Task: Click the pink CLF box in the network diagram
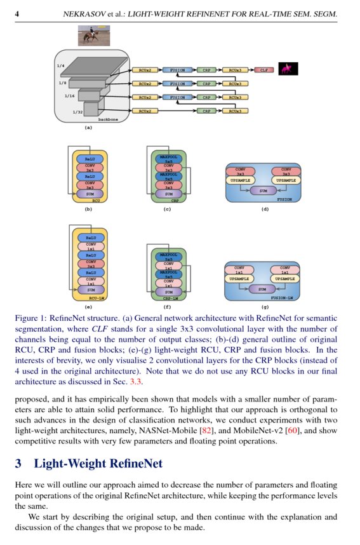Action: (x=265, y=70)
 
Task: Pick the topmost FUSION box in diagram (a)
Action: (x=177, y=70)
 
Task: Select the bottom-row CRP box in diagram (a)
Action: (x=206, y=111)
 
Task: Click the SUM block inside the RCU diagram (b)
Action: (x=90, y=194)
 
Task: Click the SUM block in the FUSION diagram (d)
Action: (x=262, y=190)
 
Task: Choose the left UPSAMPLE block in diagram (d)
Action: (x=240, y=180)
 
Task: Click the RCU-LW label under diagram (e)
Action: (x=97, y=296)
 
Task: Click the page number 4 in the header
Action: (x=18, y=13)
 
